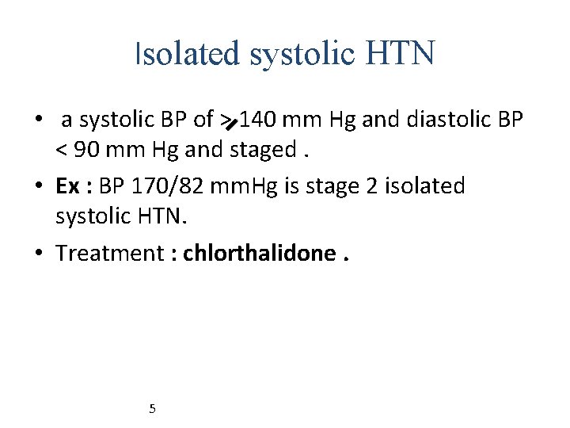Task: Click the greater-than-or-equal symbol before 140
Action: [x=229, y=120]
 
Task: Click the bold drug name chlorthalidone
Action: [x=258, y=253]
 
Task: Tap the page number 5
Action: [x=152, y=409]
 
